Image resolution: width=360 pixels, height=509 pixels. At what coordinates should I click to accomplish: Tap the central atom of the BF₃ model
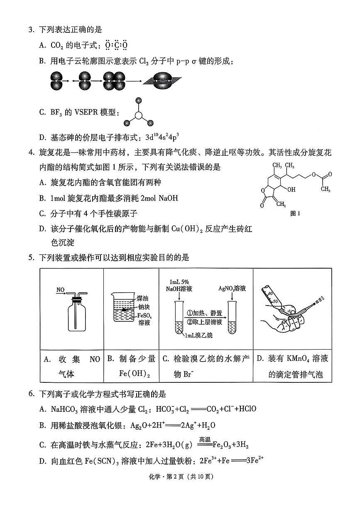click(139, 116)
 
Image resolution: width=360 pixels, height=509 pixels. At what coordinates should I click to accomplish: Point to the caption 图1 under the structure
click(295, 213)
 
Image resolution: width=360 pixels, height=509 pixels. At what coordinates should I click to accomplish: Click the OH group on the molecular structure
click(291, 189)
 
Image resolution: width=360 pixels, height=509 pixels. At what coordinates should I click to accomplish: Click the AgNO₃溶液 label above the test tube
click(233, 288)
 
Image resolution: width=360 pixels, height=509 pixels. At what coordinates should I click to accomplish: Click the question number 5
click(31, 258)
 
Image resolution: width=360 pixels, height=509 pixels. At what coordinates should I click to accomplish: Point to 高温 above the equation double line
click(205, 440)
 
